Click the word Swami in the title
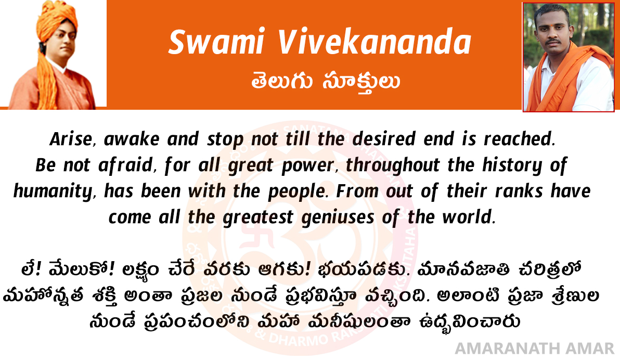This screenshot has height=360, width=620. [x=216, y=42]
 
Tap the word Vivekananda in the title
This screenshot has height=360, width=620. [x=374, y=42]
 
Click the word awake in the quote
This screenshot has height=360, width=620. [x=131, y=139]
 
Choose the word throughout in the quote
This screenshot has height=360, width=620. [x=393, y=165]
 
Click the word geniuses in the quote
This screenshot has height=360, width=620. [x=337, y=218]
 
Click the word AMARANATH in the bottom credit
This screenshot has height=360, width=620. [x=508, y=349]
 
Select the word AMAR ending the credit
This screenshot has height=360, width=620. [x=590, y=349]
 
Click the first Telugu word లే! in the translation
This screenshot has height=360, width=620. [x=31, y=270]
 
